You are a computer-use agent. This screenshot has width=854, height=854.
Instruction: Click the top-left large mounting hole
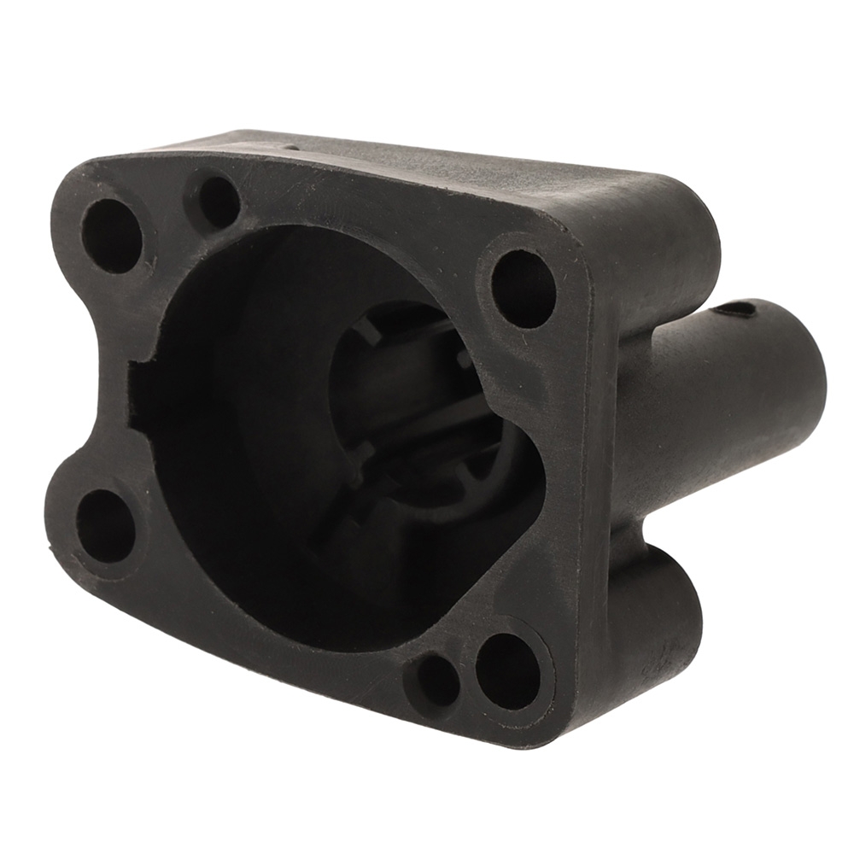(111, 235)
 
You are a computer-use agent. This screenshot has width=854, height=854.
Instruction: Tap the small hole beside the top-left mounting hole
(219, 202)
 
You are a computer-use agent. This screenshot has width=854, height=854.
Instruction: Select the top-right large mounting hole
(523, 288)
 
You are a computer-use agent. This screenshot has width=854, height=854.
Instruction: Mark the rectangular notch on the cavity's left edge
(142, 395)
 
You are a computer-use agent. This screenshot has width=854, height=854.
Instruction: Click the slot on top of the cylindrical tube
(736, 309)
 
